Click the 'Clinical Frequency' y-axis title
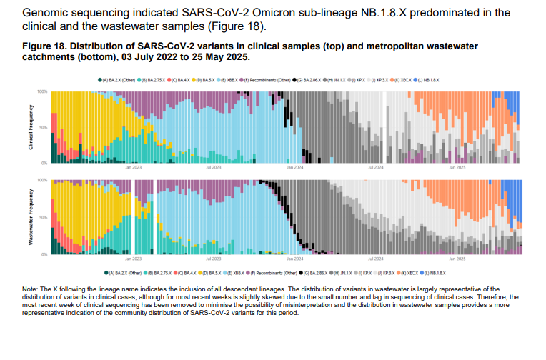coord(31,127)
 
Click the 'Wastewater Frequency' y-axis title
coord(31,217)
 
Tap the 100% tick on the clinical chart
coord(42,92)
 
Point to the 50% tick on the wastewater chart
coord(44,217)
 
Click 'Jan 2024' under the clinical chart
coord(295,168)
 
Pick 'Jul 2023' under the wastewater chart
coord(213,259)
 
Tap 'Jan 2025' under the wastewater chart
coord(457,259)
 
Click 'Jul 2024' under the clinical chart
coord(376,168)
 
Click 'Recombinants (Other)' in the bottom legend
coord(278,273)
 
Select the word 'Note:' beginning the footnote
coord(31,288)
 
